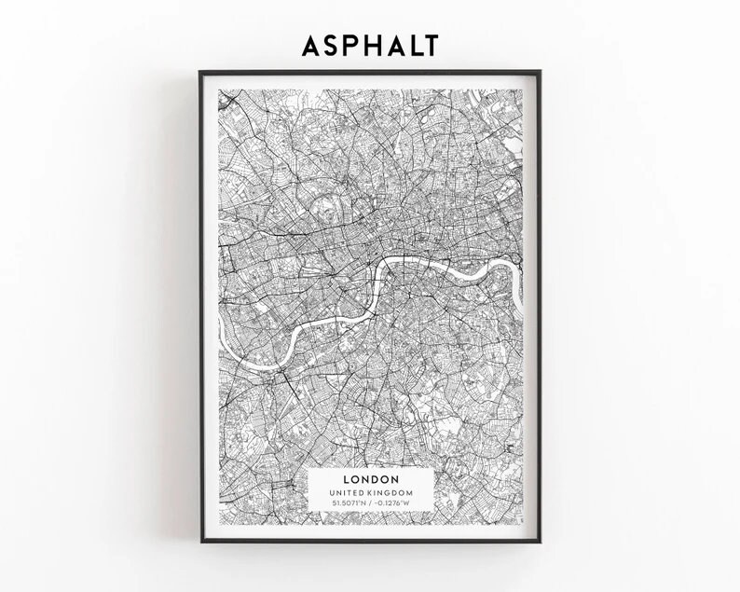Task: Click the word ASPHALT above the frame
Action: pos(369,45)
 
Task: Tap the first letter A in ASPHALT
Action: pos(311,45)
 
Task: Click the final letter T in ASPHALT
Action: pos(429,45)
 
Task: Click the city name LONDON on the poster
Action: pos(370,480)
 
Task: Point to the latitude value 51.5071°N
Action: pos(349,503)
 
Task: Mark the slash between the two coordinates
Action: pos(370,503)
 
